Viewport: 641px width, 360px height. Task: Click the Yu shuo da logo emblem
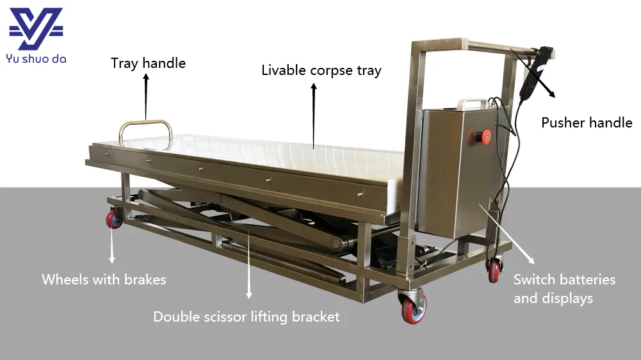tap(36, 28)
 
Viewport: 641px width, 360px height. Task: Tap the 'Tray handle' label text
tap(148, 63)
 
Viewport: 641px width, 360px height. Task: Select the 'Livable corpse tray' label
tap(321, 70)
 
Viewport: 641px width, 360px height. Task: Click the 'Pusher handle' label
tap(587, 122)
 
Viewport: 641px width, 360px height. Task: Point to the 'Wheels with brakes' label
tap(104, 279)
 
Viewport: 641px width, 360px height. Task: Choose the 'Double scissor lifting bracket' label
tap(247, 316)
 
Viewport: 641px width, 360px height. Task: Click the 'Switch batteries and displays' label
tap(564, 289)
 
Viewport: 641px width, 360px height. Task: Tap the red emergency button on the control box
tap(485, 136)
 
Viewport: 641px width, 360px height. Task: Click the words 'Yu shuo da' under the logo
tap(36, 60)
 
